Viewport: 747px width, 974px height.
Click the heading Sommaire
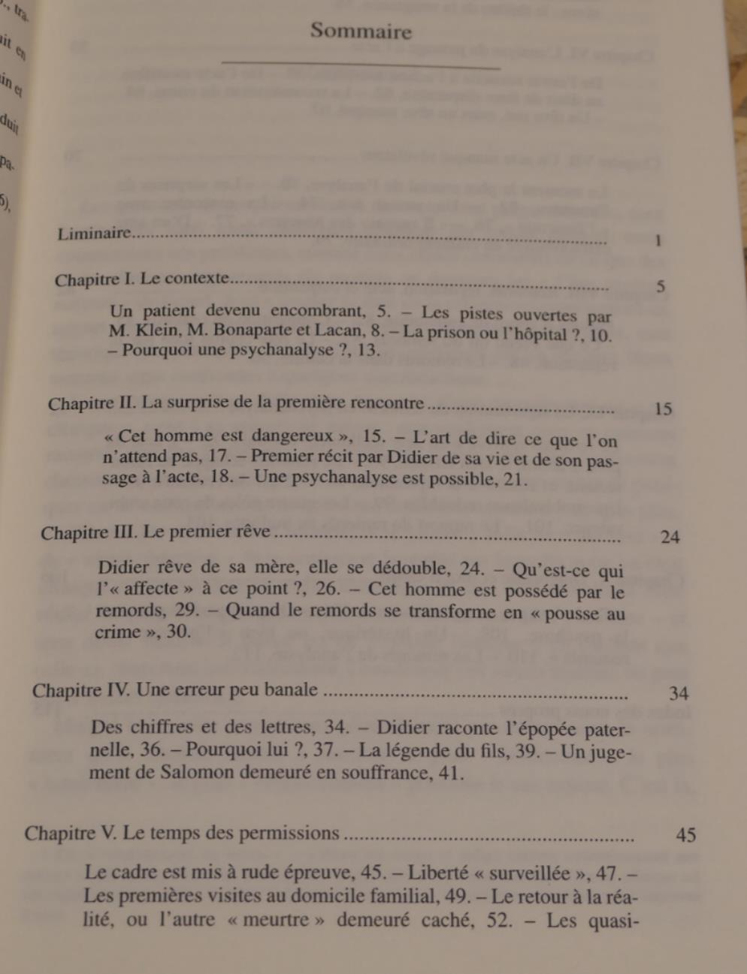click(361, 32)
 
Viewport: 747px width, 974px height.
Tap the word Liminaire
click(94, 234)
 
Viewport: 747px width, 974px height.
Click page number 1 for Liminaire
click(658, 241)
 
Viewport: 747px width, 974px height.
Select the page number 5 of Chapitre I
click(661, 286)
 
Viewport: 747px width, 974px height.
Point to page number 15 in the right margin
click(663, 409)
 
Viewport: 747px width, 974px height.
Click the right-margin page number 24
click(670, 537)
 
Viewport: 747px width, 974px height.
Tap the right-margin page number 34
click(679, 692)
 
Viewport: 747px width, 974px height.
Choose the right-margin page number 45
click(685, 834)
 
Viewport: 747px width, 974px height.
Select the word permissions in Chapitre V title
click(294, 833)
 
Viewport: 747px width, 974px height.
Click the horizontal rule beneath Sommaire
click(361, 65)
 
